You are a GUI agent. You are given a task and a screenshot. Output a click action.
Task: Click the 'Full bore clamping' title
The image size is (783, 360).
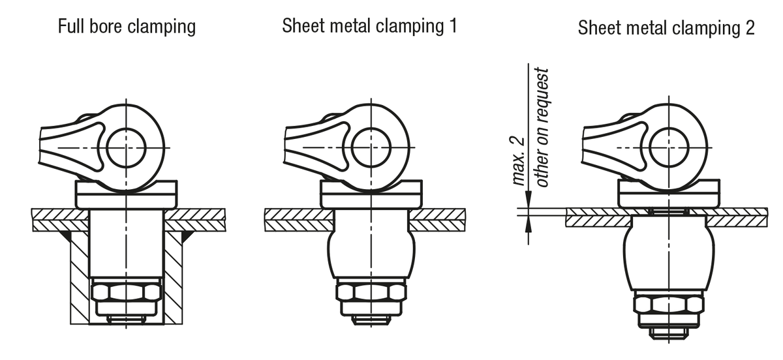click(x=127, y=27)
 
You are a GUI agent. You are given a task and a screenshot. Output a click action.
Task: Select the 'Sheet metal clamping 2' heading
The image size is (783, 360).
click(x=666, y=29)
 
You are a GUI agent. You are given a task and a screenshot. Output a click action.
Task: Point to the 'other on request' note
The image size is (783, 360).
click(x=542, y=127)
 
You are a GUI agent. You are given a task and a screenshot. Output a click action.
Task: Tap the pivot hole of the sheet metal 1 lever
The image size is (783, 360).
click(x=370, y=147)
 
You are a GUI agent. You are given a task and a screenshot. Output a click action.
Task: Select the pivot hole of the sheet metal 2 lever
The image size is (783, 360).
click(x=668, y=147)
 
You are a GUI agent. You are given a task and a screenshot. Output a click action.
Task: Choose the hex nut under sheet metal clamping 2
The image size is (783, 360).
click(x=668, y=304)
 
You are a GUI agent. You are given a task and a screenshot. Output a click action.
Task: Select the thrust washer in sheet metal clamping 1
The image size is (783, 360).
click(x=370, y=194)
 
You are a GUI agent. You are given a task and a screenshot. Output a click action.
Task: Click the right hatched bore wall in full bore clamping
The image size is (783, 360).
click(x=173, y=274)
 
